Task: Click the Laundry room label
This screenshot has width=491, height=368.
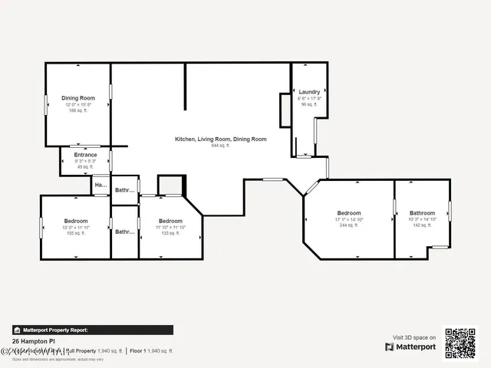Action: click(309, 92)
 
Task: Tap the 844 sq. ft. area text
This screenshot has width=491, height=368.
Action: click(221, 145)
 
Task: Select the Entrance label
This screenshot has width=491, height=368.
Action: click(85, 155)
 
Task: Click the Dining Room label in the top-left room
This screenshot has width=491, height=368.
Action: click(78, 98)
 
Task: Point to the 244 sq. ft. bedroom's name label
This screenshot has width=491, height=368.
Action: click(348, 213)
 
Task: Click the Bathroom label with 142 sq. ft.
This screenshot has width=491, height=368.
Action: click(422, 213)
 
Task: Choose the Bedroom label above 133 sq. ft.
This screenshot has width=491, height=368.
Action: click(170, 222)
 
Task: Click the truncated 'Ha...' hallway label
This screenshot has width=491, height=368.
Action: click(101, 186)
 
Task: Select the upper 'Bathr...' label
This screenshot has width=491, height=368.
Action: click(124, 190)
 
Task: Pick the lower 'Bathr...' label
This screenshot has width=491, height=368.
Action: click(124, 231)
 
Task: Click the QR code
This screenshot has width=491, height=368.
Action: click(460, 343)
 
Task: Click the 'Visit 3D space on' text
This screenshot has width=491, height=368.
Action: click(414, 337)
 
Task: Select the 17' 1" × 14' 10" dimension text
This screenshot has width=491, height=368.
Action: click(348, 219)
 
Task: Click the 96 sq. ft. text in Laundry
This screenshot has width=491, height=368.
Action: click(309, 104)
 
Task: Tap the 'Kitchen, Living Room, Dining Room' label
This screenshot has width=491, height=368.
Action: click(221, 139)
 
